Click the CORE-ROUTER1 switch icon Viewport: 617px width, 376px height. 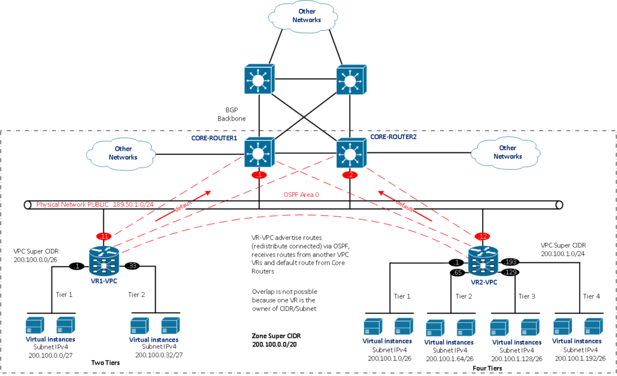260,153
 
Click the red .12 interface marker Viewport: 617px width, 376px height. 482,236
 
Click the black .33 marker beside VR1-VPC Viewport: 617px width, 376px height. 133,265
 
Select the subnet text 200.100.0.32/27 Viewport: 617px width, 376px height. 155,356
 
